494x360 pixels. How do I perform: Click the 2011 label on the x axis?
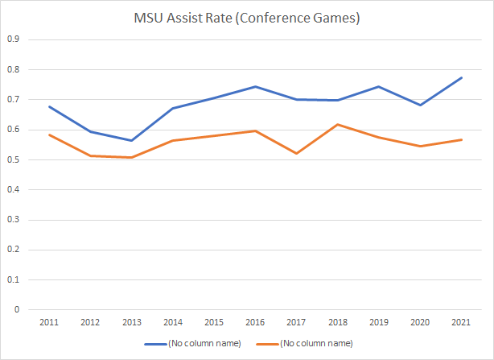point(48,321)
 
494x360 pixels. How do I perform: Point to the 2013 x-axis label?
point(132,321)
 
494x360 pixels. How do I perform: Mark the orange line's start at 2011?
point(48,134)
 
